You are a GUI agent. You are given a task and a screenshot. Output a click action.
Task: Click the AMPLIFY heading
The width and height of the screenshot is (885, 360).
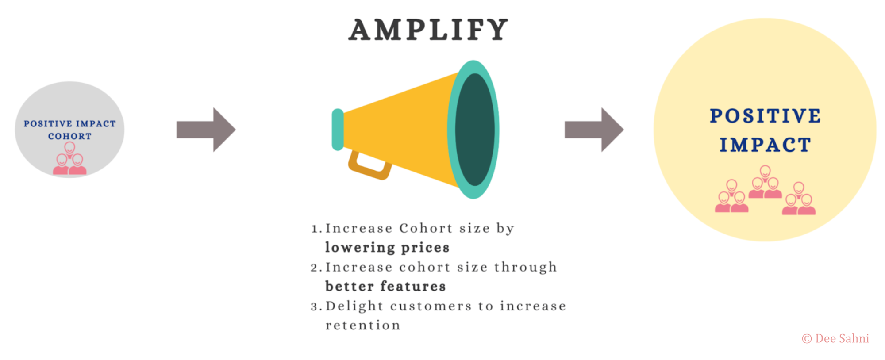tap(428, 30)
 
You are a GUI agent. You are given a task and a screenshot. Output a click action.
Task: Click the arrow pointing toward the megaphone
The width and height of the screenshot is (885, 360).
tap(206, 130)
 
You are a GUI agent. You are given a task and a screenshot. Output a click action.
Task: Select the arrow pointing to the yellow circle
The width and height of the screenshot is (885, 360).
tap(594, 130)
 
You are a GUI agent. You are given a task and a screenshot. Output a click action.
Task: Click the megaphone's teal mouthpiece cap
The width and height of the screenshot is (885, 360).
tap(338, 130)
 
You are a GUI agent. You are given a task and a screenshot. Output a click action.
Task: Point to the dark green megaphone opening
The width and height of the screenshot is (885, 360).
tap(475, 130)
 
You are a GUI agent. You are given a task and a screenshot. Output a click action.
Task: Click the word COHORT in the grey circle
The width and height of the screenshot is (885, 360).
tap(70, 137)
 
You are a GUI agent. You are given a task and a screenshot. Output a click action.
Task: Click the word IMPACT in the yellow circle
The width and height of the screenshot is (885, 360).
tap(765, 145)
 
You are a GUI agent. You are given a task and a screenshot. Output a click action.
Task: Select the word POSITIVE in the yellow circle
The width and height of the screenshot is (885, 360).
tap(766, 116)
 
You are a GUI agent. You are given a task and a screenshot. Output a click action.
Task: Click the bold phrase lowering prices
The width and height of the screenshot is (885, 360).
tap(387, 248)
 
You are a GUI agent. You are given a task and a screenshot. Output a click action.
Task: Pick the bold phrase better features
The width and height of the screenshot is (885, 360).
tap(385, 286)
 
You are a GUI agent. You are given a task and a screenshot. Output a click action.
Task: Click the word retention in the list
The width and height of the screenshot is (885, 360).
tap(363, 326)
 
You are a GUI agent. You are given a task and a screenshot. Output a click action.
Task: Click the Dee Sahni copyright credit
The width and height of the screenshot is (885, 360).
tap(835, 339)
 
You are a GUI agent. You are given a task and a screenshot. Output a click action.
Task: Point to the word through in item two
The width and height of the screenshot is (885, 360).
tap(526, 268)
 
